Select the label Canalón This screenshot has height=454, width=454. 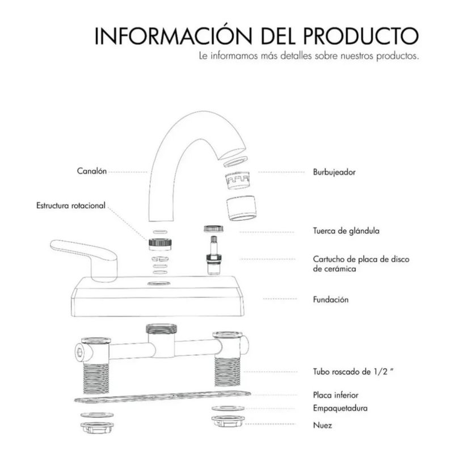92,171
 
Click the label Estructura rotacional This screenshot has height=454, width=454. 70,205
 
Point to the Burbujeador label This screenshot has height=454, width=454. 334,173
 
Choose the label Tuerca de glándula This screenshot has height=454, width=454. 346,231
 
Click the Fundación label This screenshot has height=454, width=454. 331,300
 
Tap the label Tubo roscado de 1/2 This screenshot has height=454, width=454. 353,372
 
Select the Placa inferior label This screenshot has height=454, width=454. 335,395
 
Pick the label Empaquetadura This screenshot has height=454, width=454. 340,409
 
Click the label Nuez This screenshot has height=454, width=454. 322,425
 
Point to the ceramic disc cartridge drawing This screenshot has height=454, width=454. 215,255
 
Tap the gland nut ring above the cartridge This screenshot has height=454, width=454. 214,229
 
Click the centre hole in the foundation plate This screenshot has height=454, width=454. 159,283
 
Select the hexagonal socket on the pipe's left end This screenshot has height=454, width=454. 80,352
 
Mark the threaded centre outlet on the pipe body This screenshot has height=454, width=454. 161,330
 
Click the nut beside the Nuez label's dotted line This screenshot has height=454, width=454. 228,421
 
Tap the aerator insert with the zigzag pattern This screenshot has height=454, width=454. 237,180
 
